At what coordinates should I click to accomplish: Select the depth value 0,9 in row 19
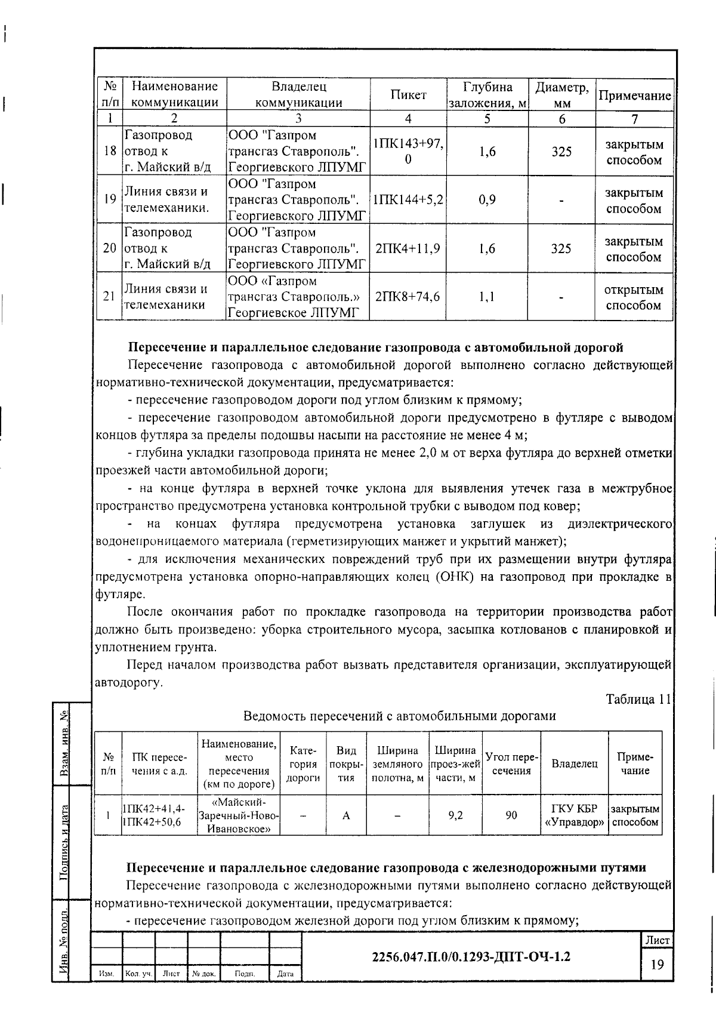[x=487, y=200]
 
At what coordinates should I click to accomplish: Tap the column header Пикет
[x=408, y=95]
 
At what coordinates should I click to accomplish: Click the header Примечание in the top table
[x=634, y=96]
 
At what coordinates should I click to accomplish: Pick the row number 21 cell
[x=109, y=297]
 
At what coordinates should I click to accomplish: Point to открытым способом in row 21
[x=634, y=297]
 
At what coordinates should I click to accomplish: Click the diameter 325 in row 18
[x=561, y=152]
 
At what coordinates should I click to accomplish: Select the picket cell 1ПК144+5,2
[x=408, y=200]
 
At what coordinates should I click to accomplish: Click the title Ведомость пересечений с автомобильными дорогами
[x=399, y=716]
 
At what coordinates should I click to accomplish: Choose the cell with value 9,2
[x=455, y=815]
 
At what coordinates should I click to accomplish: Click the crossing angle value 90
[x=511, y=815]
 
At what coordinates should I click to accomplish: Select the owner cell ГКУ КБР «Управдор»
[x=575, y=815]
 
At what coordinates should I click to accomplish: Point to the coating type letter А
[x=346, y=815]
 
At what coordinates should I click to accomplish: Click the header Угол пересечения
[x=511, y=763]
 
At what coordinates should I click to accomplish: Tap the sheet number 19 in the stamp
[x=657, y=965]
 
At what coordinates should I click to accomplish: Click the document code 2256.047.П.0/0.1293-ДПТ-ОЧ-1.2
[x=471, y=956]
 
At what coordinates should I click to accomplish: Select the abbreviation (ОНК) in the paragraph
[x=457, y=577]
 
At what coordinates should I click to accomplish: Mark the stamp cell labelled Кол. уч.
[x=138, y=974]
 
